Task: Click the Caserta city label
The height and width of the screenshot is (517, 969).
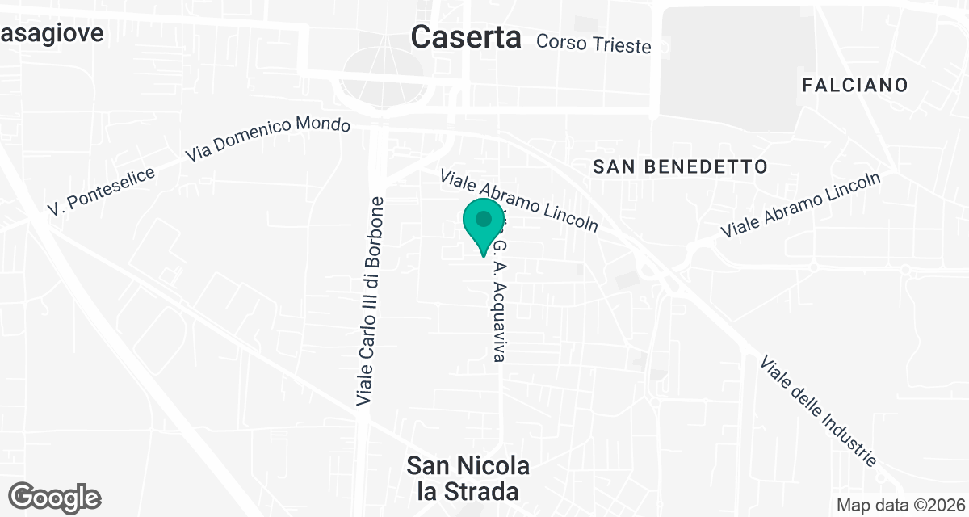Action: pos(466,36)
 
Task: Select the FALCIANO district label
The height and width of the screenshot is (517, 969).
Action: pos(855,85)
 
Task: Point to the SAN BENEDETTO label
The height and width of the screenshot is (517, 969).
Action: pos(679,167)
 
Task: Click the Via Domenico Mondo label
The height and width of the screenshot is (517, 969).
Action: pos(268,139)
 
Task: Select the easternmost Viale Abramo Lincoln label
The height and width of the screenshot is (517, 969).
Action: pos(800,205)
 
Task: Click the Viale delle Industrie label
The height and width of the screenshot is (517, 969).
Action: pos(818,411)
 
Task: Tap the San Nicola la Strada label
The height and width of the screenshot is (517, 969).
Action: pos(468,478)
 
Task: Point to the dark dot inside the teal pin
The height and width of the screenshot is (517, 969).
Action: pos(484,219)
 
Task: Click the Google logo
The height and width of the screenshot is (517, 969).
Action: pos(55,498)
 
